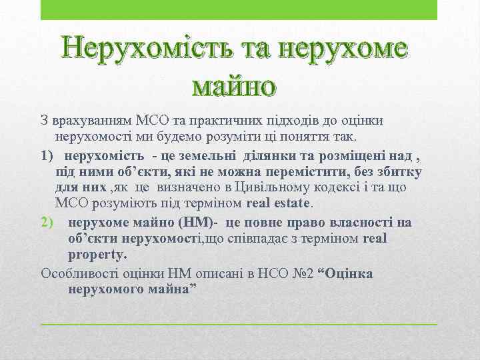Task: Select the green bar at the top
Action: (239, 10)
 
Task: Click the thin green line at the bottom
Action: (239, 323)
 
